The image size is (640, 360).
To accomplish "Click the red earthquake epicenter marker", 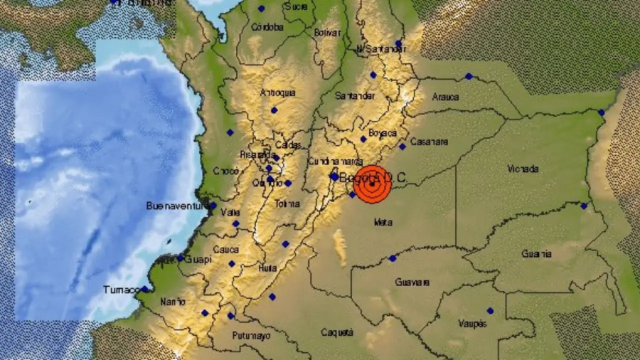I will point(373,185).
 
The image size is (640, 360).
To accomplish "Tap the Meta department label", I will point(383,223).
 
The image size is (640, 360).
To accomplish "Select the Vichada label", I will point(523,169).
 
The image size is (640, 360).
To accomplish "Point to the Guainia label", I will point(536,253).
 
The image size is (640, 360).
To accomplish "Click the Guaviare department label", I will point(412,282).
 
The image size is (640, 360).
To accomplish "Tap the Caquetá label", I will point(336,332).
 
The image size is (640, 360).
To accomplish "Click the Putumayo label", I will point(251,335).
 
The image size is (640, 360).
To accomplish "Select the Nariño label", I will point(172,302).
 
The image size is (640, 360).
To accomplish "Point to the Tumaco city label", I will point(119,290).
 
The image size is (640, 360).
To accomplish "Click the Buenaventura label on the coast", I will point(174,206).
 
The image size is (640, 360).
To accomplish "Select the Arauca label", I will point(445,97).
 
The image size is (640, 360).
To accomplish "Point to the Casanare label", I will point(430,142).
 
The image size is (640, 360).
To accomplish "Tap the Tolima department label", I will point(287,203).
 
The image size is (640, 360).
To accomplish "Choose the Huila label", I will point(267,268).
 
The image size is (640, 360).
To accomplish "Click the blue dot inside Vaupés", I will point(490,311).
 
